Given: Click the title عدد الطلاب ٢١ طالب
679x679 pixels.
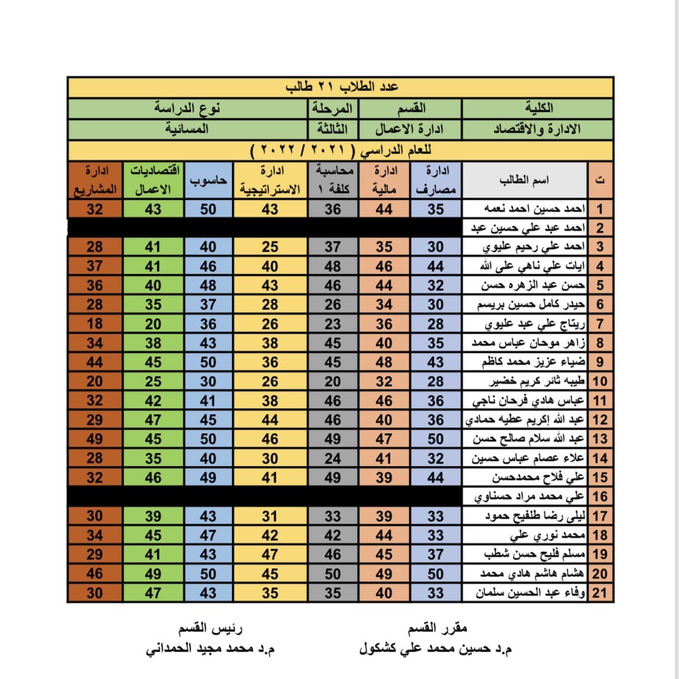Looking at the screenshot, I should point(341,87).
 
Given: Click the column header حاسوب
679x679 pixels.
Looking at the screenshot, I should point(208,180).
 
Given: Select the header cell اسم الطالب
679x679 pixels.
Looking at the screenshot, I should point(524,180).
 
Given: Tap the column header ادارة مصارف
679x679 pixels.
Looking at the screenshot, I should point(436,180).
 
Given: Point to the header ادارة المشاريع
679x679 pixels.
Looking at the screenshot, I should point(95,180).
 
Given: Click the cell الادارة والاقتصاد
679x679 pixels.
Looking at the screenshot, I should point(537,129).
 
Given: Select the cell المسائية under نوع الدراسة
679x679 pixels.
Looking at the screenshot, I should point(187,129).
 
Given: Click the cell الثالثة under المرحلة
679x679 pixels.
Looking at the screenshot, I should point(332,129).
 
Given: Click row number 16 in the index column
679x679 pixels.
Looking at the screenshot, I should point(600,496).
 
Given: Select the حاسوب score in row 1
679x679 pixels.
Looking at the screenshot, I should point(208,209).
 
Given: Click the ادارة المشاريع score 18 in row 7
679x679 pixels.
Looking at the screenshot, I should point(95,324).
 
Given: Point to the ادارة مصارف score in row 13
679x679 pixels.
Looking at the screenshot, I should point(436,439).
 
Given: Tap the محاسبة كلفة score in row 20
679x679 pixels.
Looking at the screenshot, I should point(332,574).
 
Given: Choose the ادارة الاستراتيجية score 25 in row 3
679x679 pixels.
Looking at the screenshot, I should point(270,247).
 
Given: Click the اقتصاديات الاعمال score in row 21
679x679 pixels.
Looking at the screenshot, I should point(153,593).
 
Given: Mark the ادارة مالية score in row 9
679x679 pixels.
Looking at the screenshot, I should point(384,362).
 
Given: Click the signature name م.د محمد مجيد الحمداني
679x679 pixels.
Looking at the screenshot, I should point(210,649).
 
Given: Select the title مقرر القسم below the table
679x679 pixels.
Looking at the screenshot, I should point(438,628).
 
